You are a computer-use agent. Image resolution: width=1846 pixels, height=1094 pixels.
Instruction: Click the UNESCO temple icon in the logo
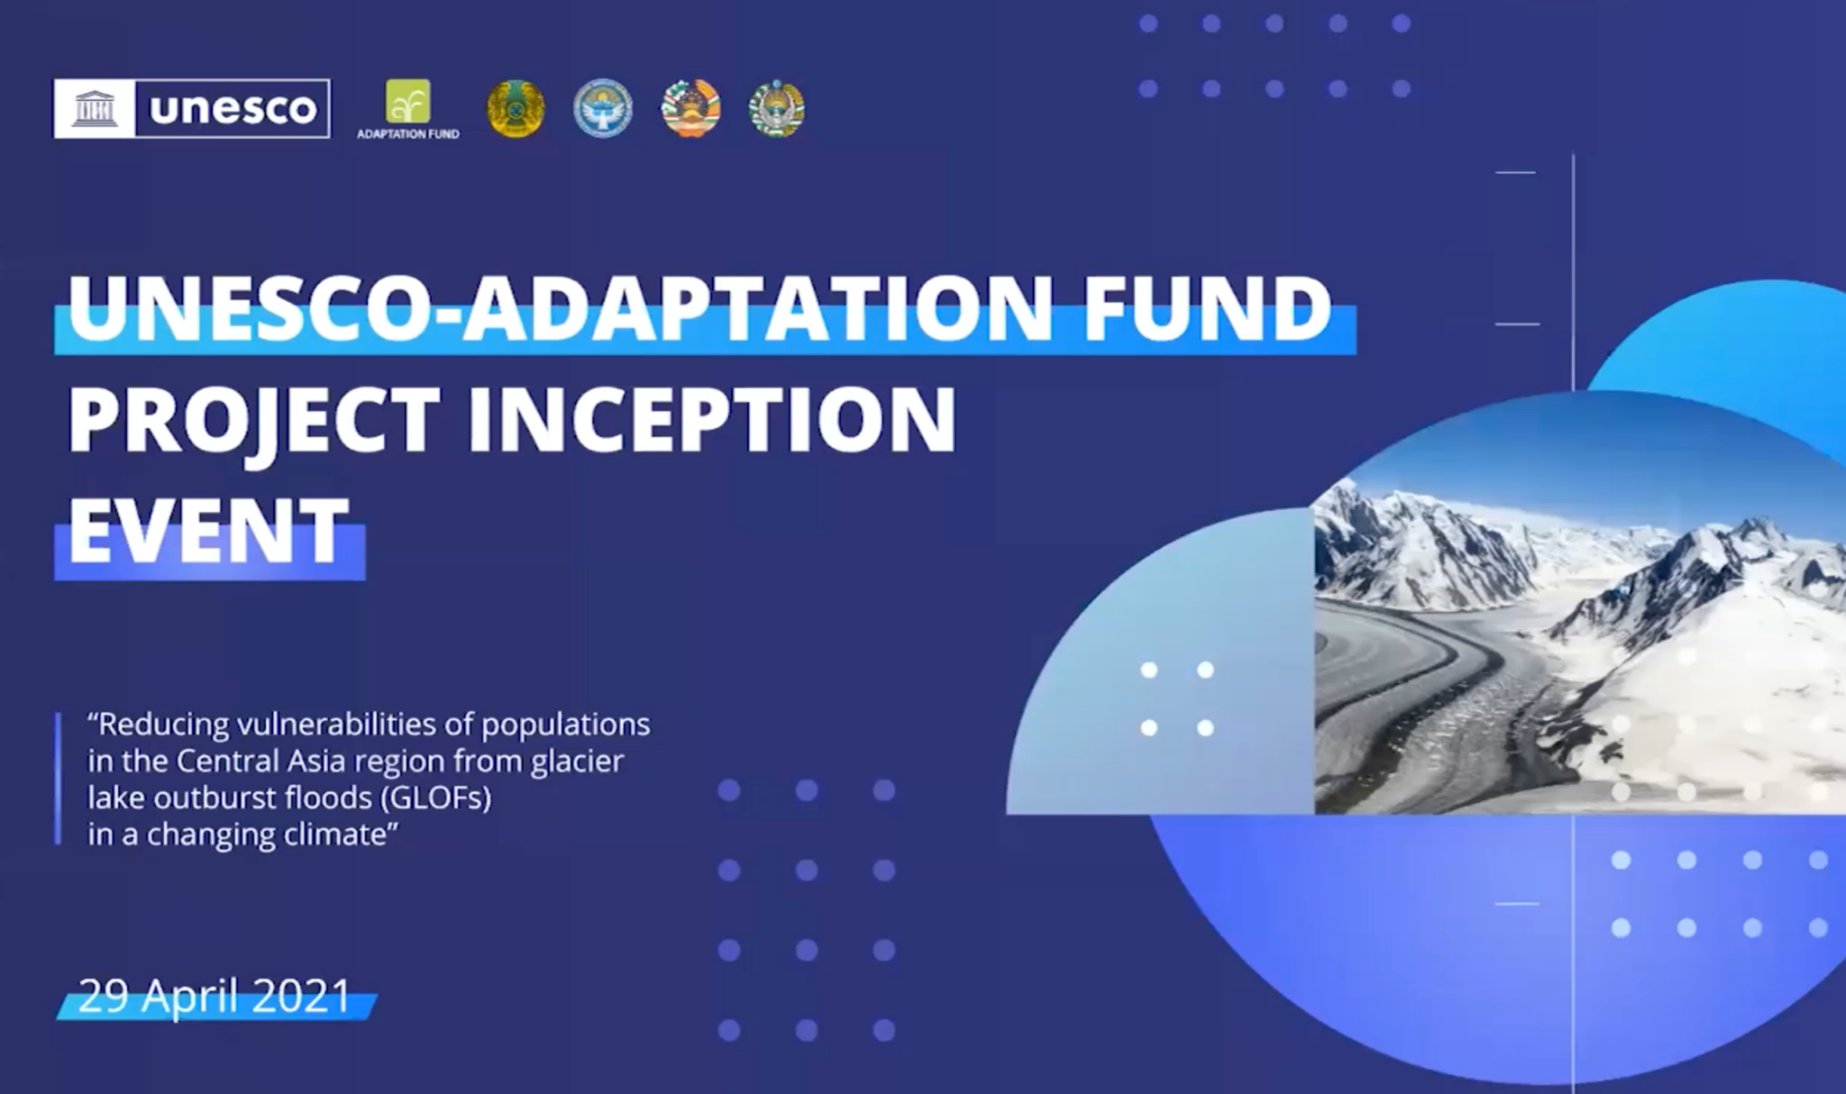click(x=95, y=109)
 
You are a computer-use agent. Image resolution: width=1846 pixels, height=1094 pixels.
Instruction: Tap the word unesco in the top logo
click(x=233, y=109)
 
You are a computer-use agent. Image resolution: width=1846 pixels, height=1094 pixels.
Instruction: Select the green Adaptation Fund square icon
click(x=408, y=101)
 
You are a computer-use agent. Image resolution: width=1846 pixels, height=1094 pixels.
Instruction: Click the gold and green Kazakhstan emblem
click(x=516, y=109)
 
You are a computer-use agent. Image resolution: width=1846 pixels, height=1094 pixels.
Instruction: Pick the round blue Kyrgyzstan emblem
click(x=603, y=109)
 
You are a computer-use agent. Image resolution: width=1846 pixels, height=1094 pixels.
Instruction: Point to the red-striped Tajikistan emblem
click(x=691, y=109)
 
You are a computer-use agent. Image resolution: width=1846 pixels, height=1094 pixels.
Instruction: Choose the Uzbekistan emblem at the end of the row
click(x=776, y=109)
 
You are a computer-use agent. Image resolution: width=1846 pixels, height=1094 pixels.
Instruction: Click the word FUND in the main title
click(x=1208, y=307)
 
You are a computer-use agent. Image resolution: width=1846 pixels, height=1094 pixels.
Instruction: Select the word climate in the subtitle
click(x=340, y=834)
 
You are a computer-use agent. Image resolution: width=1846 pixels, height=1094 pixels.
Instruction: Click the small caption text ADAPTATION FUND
click(x=408, y=134)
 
